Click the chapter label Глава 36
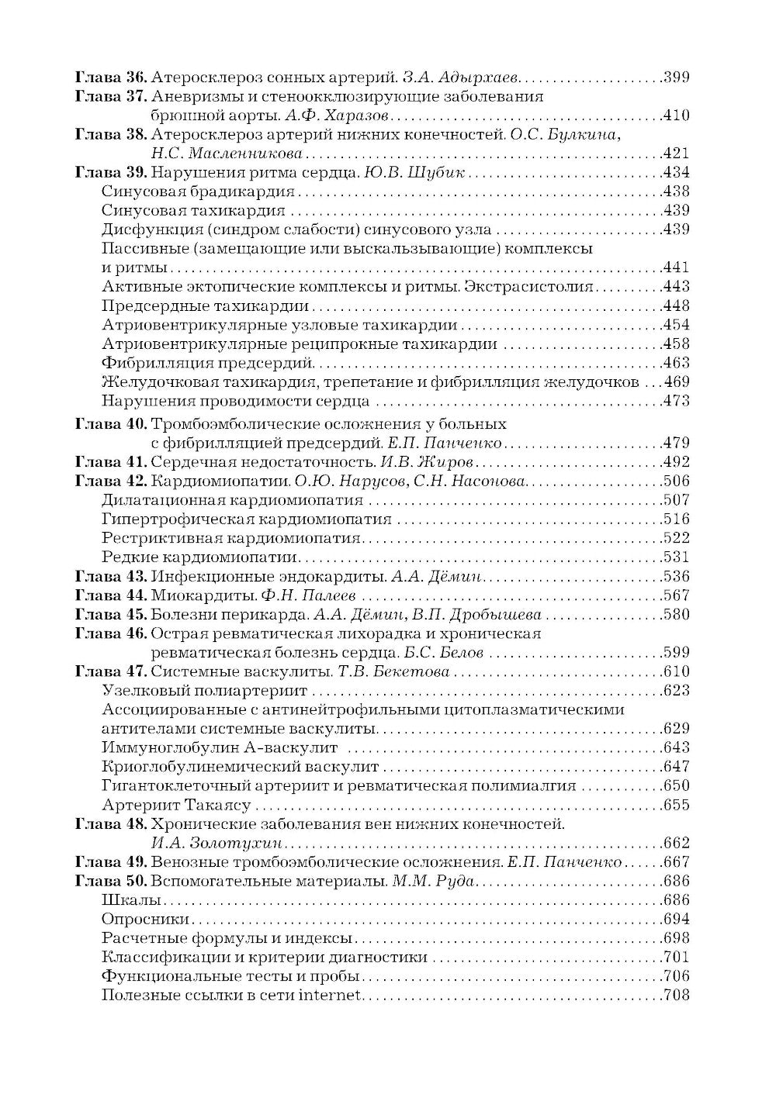coord(110,78)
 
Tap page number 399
coord(677,78)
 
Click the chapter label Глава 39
coord(110,172)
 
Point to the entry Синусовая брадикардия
coord(198,192)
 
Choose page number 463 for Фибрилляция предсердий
coord(677,363)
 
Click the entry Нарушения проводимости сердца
coord(235,402)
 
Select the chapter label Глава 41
coord(110,463)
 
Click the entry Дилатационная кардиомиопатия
coord(232,500)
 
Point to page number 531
coord(677,557)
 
